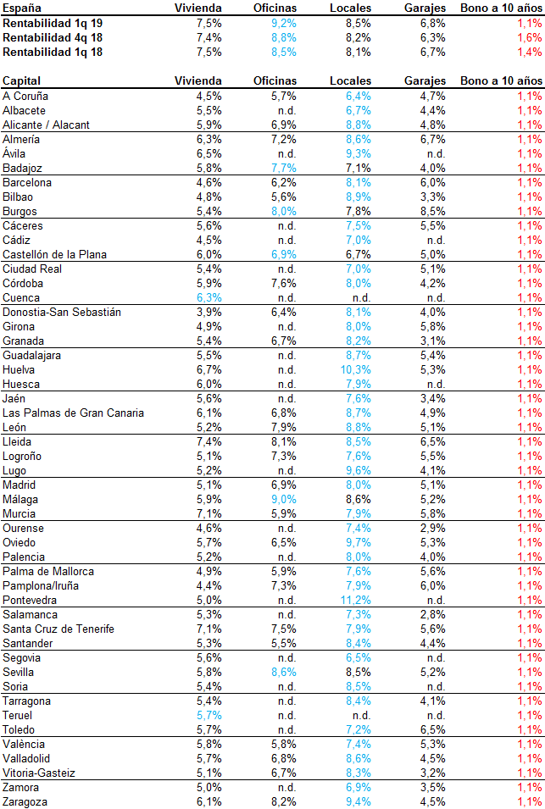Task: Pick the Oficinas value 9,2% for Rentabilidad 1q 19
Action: pos(281,23)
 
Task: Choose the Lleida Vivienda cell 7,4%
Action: pos(209,441)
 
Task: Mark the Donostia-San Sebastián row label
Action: pos(62,312)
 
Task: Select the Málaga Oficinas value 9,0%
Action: pos(281,499)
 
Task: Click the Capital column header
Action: pos(23,80)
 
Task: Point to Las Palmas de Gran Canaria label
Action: pos(73,413)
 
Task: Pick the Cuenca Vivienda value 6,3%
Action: pos(209,297)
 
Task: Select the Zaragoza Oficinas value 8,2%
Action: pos(281,801)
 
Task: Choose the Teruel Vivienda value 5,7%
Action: pos(209,715)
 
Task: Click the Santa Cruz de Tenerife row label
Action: pos(58,629)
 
